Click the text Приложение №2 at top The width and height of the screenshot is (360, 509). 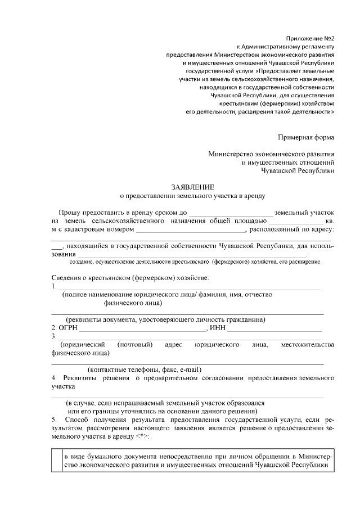311,38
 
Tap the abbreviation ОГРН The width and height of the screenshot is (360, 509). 68,328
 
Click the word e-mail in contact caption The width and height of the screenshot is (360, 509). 189,370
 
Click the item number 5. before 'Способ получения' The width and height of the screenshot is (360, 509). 54,420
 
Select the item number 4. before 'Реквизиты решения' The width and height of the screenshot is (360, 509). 54,379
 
